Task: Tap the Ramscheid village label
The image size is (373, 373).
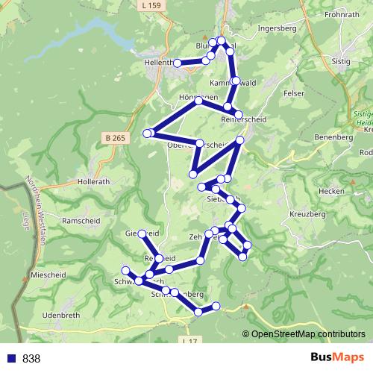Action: [x=80, y=221]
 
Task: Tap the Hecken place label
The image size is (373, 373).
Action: [x=330, y=191]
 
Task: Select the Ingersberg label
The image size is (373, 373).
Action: [x=276, y=29]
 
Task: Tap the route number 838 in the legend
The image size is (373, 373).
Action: [x=31, y=359]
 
